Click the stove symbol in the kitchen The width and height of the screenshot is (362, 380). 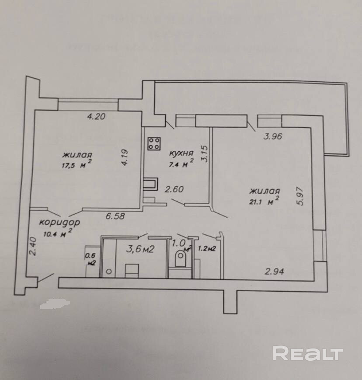tap(154, 143)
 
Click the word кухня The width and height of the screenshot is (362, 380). tap(181, 153)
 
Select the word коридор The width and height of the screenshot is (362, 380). tap(59, 222)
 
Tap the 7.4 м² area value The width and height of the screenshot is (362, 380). tap(182, 164)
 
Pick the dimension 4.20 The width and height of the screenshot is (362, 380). tap(97, 116)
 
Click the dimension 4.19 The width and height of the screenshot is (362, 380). tap(125, 157)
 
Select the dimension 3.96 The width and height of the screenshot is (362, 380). tap(274, 136)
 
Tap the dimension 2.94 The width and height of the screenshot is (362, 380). tap(275, 271)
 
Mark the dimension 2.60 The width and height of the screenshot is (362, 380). tap(174, 189)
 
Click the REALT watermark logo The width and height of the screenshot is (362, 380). tap(308, 353)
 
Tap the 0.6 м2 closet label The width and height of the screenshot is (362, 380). tap(91, 260)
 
